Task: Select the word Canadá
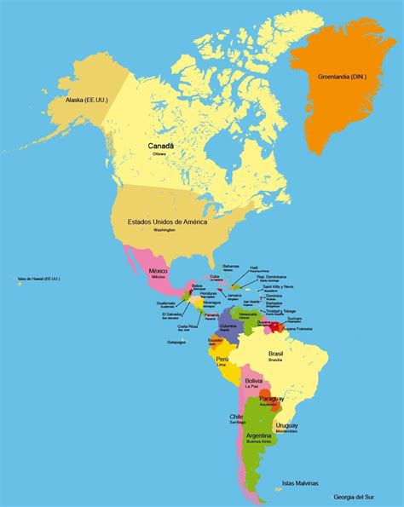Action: [161, 146]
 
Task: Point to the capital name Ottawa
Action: [160, 153]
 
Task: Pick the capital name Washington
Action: [164, 230]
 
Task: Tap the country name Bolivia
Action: [253, 380]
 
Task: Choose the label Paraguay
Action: [272, 398]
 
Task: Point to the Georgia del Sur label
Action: [355, 495]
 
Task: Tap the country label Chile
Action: [236, 417]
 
